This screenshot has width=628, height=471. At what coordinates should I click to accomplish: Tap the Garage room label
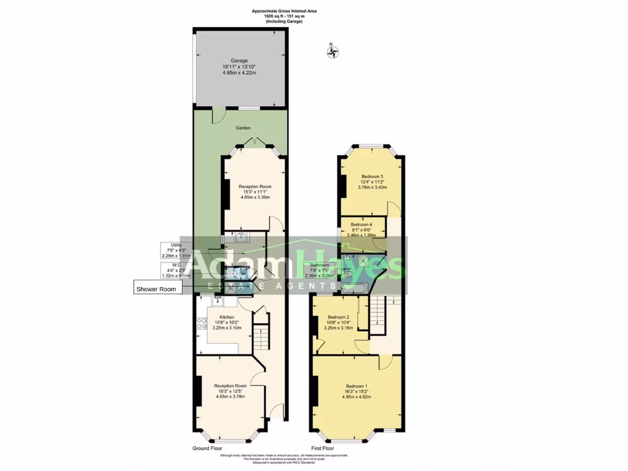click(x=239, y=61)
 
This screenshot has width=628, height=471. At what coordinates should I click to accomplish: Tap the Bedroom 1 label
click(x=356, y=386)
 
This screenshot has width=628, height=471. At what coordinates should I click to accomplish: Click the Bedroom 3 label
click(x=372, y=177)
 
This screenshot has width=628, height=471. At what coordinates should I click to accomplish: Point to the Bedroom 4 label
click(x=362, y=225)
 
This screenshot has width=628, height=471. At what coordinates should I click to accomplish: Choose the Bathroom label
click(x=320, y=266)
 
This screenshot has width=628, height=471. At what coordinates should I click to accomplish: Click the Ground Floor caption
click(x=207, y=448)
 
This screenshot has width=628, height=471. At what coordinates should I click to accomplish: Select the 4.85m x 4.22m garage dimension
click(x=239, y=73)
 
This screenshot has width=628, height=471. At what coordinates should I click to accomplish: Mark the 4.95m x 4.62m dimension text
click(x=356, y=397)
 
